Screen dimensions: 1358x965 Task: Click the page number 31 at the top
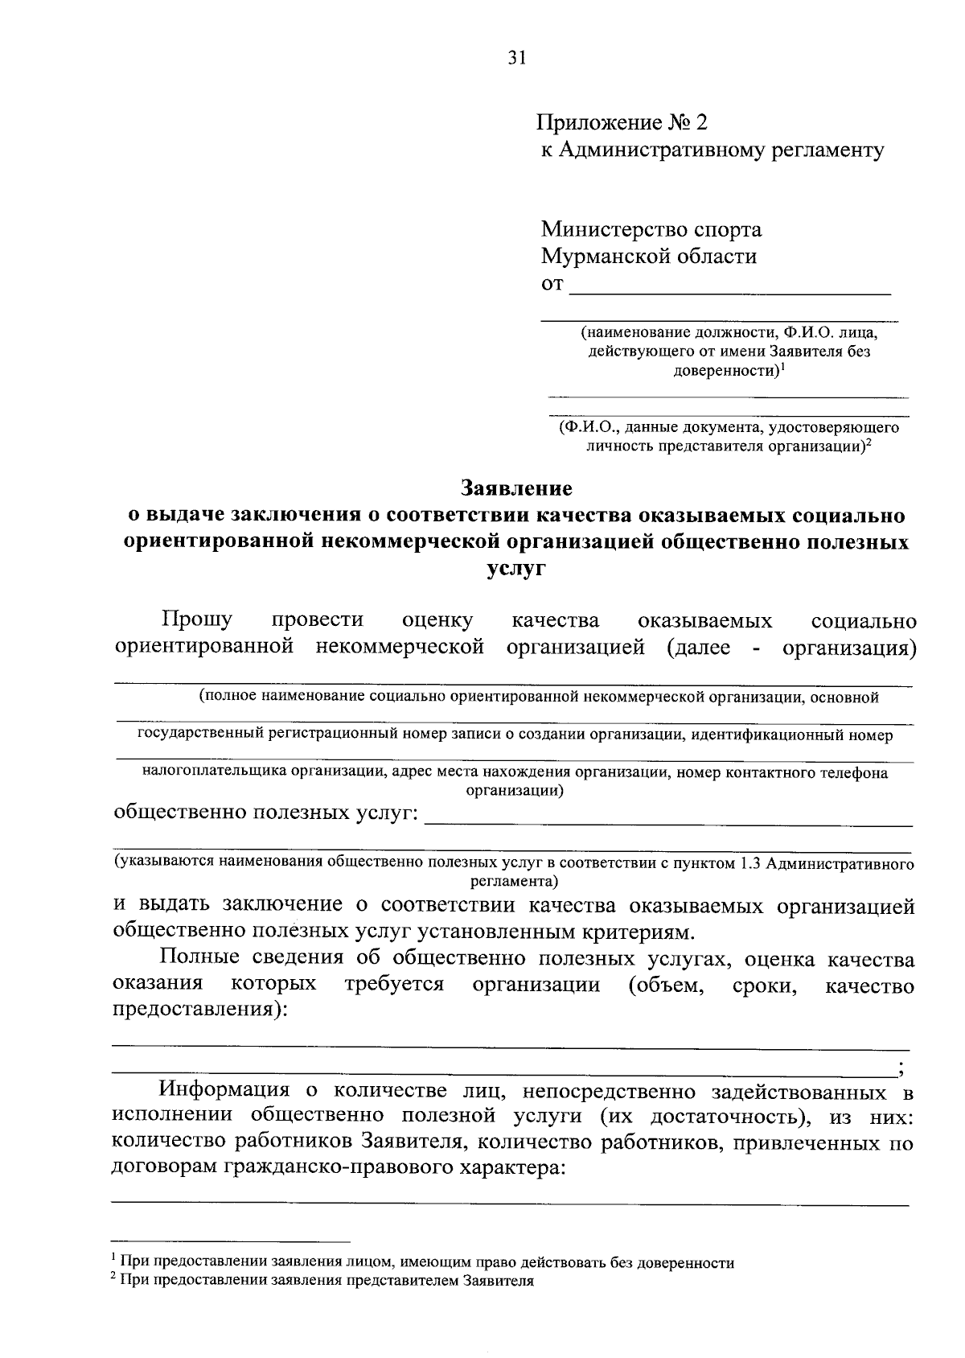(x=515, y=57)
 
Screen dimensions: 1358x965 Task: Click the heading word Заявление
(x=515, y=488)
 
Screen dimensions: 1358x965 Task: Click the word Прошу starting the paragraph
(x=197, y=620)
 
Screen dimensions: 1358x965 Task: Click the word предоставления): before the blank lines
(x=199, y=1010)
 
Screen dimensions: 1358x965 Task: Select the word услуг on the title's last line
(x=515, y=568)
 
